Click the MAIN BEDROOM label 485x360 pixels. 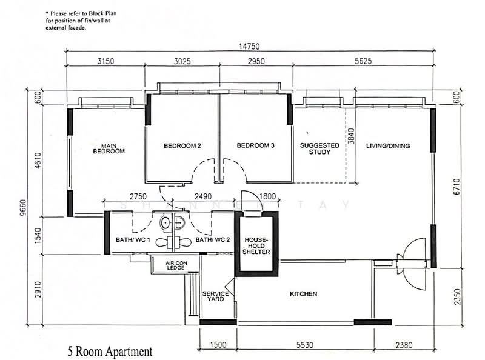click(x=109, y=148)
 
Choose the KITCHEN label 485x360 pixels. click(x=303, y=294)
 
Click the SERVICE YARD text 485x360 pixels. click(x=215, y=298)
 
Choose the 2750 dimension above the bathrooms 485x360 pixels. click(x=140, y=195)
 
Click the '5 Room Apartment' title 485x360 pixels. click(x=106, y=350)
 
